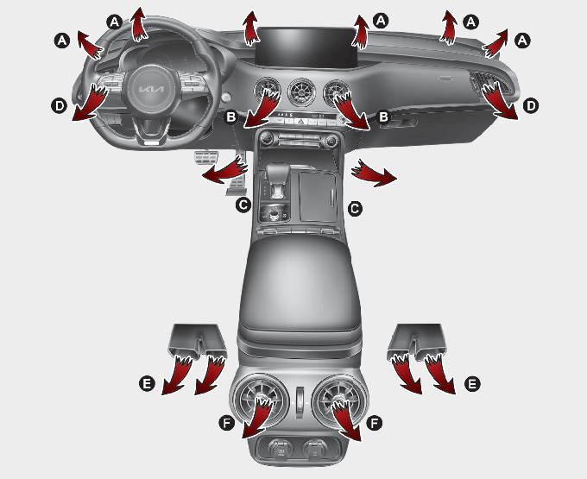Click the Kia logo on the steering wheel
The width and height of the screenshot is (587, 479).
point(151,90)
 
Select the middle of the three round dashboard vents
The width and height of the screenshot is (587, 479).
point(302,92)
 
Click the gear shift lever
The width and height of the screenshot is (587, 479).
point(277,179)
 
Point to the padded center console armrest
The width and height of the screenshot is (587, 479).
point(300,285)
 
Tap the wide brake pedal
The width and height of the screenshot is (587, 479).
point(205,158)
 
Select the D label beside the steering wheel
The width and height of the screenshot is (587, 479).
point(60,106)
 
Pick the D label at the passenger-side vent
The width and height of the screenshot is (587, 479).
point(531,106)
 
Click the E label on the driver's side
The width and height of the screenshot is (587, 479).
point(147,384)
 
